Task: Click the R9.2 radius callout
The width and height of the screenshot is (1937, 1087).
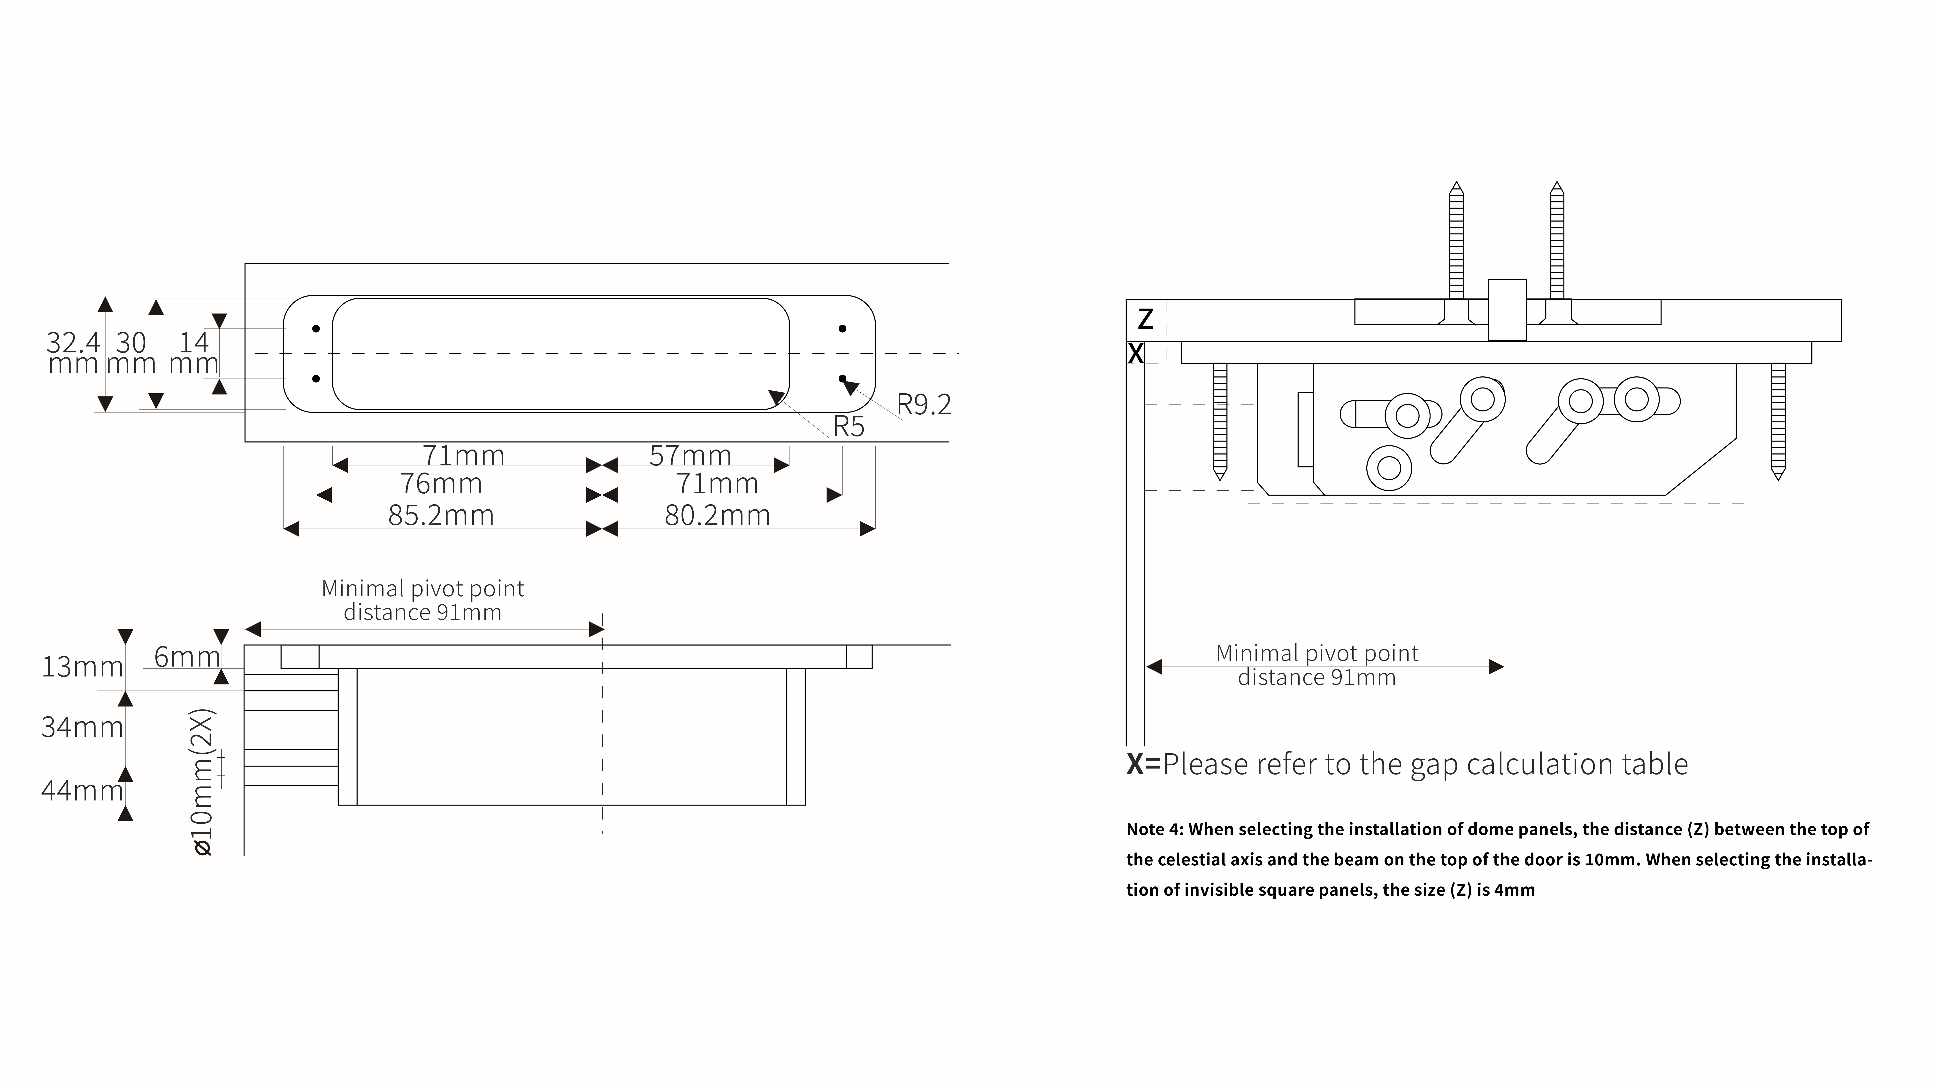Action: [x=924, y=405]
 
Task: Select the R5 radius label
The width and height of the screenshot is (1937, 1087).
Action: [x=849, y=427]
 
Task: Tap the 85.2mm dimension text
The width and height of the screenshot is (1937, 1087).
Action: [x=441, y=515]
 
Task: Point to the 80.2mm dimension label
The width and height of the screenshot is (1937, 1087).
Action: [x=717, y=515]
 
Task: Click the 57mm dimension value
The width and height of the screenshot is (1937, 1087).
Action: [x=690, y=455]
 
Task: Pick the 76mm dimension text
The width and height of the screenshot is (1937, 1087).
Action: [x=441, y=483]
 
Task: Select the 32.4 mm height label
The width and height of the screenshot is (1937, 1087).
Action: [x=73, y=353]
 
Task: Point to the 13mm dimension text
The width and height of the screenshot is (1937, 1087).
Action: [x=82, y=667]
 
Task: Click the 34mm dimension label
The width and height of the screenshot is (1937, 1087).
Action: [x=82, y=727]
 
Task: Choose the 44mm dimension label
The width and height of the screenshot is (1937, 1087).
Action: [x=82, y=791]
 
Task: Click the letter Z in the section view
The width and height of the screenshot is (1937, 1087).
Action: [x=1145, y=319]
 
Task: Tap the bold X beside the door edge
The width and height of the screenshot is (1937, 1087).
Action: [x=1135, y=354]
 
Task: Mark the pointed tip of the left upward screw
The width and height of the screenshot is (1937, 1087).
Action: [x=1456, y=182]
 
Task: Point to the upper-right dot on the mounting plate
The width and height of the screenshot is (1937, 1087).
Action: [x=842, y=329]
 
